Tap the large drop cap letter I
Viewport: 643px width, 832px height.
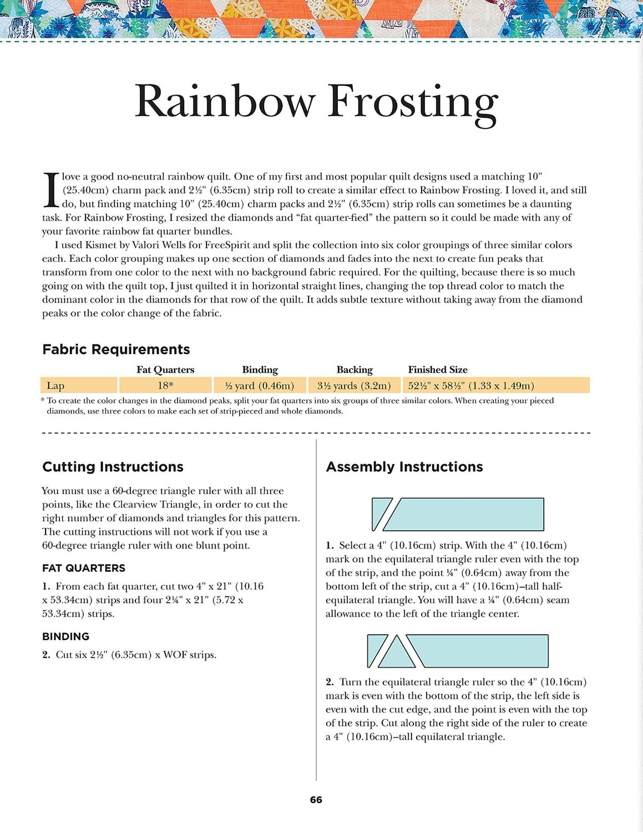[50, 190]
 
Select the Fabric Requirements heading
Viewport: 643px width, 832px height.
[116, 349]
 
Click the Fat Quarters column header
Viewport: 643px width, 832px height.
[165, 370]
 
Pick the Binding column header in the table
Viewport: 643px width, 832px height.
[260, 370]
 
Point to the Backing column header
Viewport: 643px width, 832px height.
[355, 370]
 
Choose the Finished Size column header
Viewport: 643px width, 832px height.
[438, 370]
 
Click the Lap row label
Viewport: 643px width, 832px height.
[55, 385]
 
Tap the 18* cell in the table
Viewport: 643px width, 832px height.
[165, 385]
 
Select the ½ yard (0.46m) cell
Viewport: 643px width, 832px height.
[260, 385]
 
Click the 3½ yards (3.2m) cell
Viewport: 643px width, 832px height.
[355, 385]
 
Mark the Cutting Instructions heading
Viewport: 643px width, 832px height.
[113, 467]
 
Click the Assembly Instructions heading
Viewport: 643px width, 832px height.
[404, 467]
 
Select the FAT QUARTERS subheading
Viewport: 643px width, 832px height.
[84, 568]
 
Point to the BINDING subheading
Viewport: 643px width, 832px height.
[65, 637]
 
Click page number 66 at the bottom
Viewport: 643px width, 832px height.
[316, 800]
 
